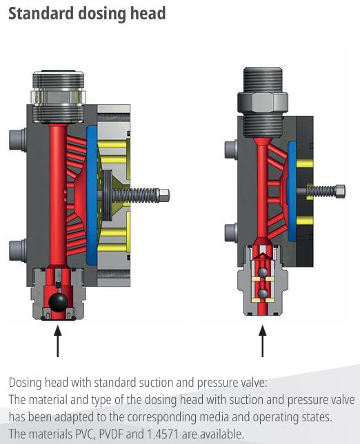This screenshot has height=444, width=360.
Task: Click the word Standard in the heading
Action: coord(41,14)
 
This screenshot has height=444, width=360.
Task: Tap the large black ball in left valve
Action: coord(58,302)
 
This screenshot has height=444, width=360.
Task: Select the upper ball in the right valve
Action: coord(263,272)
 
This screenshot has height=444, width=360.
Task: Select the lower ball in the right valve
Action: coord(263,294)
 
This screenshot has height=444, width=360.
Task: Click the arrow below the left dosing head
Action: coord(58,341)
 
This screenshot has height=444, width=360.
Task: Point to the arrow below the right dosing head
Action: coord(263,341)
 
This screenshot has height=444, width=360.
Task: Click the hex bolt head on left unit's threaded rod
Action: coord(164,195)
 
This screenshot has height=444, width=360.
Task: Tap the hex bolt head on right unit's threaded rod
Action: coord(339,191)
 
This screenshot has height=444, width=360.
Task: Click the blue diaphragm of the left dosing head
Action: coord(92,195)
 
